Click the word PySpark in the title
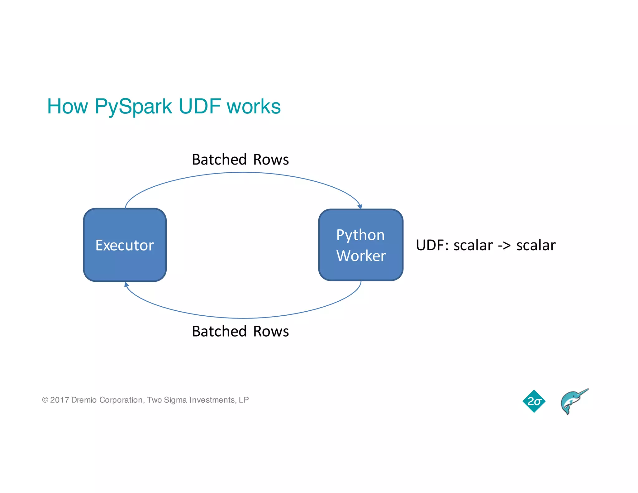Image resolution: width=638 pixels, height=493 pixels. pos(133,107)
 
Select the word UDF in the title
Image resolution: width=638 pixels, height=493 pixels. pos(200,107)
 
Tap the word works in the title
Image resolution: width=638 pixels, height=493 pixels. pos(254,107)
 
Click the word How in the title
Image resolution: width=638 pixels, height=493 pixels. pos(67,107)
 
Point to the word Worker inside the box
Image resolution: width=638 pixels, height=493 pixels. pos(361,256)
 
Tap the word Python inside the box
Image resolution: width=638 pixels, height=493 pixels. pos(360,235)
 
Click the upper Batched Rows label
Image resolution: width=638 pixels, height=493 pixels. pos(240,160)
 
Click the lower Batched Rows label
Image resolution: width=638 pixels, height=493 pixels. pos(240,331)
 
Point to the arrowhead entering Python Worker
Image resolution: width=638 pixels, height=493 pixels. pos(360,207)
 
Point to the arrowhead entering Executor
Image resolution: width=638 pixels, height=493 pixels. pos(126,284)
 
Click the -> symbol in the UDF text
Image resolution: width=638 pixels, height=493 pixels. pos(504,245)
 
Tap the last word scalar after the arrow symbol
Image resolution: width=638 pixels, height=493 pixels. pos(536,245)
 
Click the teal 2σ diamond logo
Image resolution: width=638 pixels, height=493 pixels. pos(534,401)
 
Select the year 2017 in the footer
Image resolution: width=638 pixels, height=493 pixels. pos(59,400)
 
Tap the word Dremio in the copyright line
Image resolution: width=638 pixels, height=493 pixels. pos(84,400)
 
